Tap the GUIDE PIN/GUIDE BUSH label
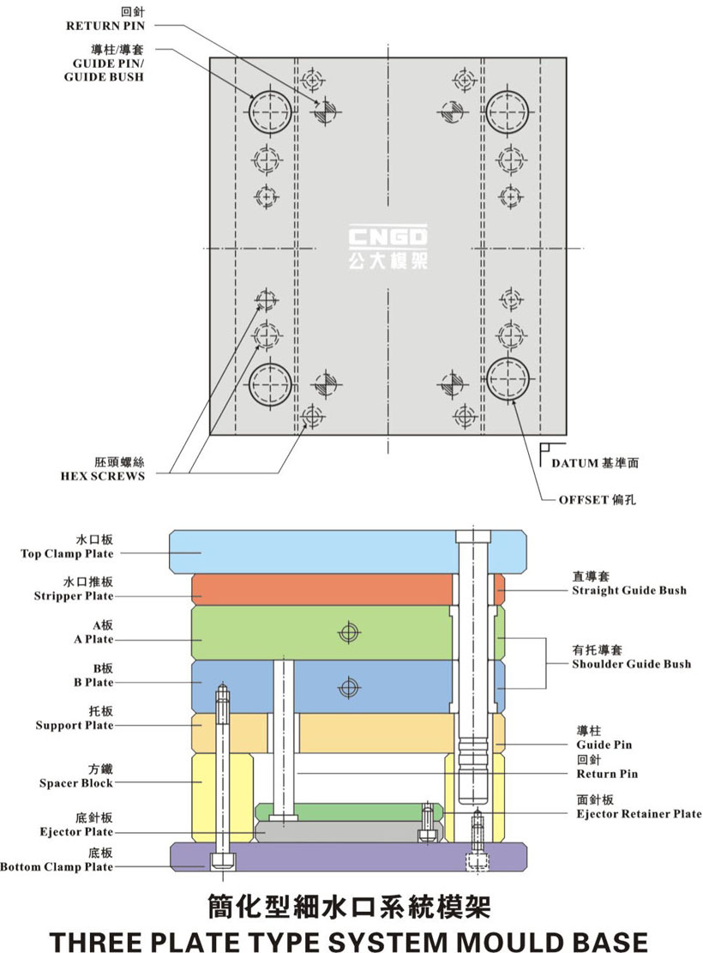coord(104,63)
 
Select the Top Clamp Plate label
coord(67,553)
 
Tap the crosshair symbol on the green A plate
coord(347,633)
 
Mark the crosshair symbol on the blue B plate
coord(347,686)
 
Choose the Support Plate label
coord(75,726)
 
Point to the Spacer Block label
coord(76,783)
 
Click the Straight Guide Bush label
coord(629,590)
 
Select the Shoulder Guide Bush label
coord(631,663)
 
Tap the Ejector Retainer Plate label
coord(639,813)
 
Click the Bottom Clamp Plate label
coord(57,866)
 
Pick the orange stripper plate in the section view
coord(321,589)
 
